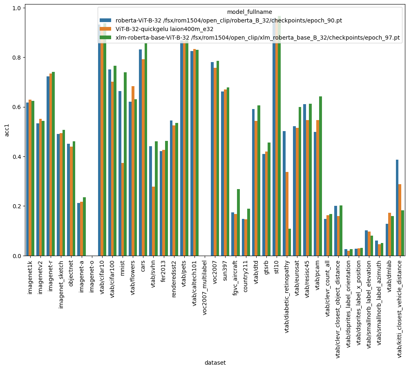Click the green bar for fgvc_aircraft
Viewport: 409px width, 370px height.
click(238, 222)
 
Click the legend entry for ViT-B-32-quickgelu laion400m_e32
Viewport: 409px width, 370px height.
click(163, 29)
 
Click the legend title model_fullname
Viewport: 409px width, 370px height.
click(249, 12)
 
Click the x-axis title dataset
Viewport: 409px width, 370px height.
click(215, 363)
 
